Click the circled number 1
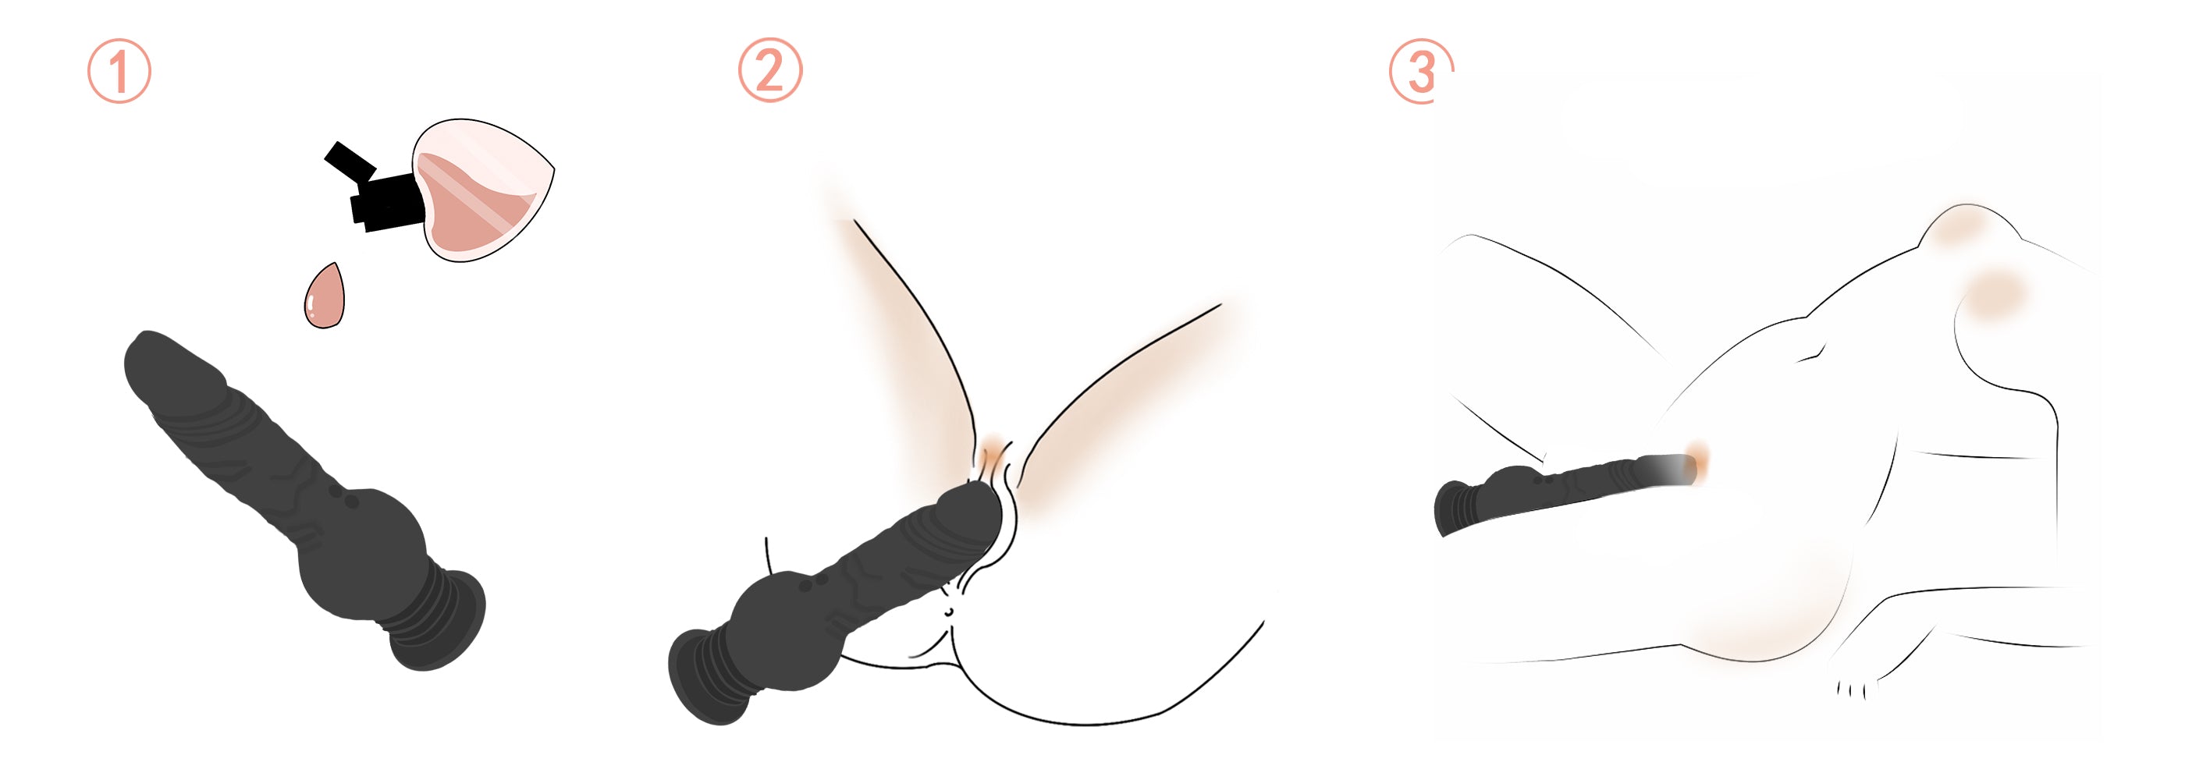pyautogui.click(x=119, y=71)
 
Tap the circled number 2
pyautogui.click(x=769, y=70)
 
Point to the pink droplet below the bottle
pyautogui.click(x=325, y=296)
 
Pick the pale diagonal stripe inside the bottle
pyautogui.click(x=471, y=197)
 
